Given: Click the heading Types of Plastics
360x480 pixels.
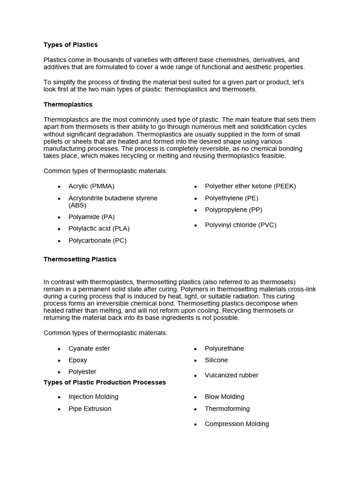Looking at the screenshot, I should point(70,45).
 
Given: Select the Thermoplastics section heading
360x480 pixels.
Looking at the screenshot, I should point(68,104).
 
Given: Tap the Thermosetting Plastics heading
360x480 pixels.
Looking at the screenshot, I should point(80,259).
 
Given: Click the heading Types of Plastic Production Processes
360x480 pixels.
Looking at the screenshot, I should point(105,382).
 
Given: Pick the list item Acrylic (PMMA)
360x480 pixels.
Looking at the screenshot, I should point(91,186).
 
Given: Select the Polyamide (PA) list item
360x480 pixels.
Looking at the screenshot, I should point(91,217).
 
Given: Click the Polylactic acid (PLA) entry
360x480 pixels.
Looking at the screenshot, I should point(99,228).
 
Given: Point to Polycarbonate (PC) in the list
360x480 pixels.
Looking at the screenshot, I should point(97,240).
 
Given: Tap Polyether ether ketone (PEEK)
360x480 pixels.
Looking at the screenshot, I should point(250,186).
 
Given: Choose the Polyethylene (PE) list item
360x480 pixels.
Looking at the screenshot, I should point(232,198).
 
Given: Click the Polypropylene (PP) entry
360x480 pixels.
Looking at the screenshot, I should point(233,210).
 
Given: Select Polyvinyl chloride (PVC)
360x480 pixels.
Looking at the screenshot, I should point(240,225).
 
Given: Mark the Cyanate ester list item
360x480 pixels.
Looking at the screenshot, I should point(89,348).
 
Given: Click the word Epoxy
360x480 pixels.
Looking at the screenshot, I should point(78,360).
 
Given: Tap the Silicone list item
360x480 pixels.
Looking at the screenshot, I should point(216,360).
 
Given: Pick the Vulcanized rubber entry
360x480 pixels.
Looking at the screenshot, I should point(232,375).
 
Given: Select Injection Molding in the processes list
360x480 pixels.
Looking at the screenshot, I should point(93,397).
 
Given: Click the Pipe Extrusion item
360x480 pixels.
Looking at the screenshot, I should point(90,408).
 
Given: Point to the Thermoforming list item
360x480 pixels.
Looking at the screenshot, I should point(227,408).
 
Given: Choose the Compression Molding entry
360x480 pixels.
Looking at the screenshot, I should point(237,424).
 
